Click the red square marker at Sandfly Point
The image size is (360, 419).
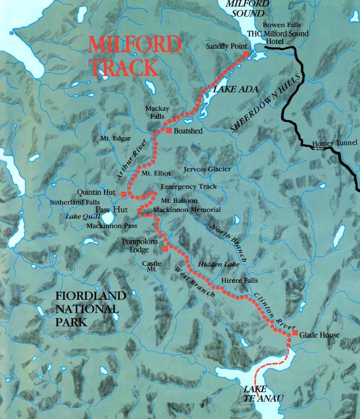point(246,54)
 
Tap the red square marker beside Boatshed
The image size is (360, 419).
point(169,131)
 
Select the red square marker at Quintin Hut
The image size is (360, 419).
point(123,194)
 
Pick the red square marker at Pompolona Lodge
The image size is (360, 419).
point(165,249)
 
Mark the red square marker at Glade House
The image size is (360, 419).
point(295,333)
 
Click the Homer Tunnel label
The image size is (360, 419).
point(334,143)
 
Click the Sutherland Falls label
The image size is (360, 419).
point(75,202)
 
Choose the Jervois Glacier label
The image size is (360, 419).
point(207,169)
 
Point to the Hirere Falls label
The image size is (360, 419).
point(239,280)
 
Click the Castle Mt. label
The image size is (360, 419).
point(152,267)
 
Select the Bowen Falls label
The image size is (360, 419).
point(282,25)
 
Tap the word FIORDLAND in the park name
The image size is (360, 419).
point(91,295)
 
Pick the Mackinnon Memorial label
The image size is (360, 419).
point(187,210)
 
